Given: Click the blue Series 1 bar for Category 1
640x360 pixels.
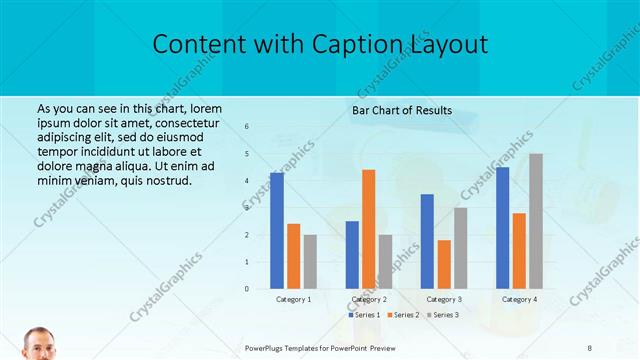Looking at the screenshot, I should point(277,230).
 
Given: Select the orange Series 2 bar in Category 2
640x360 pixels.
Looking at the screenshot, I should point(369,229).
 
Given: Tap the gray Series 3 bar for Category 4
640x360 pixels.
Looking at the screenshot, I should point(536,221).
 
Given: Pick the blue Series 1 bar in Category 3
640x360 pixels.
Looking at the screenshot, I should point(427,241).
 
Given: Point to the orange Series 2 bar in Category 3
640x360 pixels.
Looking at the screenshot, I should point(444,264).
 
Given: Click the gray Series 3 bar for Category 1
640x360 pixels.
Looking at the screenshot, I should point(310,261).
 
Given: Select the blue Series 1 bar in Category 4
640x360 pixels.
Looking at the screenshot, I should point(502,227).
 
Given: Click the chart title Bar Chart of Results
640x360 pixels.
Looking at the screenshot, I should point(402,110).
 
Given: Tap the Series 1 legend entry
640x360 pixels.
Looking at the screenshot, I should point(365,315).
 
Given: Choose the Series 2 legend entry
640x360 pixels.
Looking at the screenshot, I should point(402,315).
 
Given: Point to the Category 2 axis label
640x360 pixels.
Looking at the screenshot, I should point(369,299).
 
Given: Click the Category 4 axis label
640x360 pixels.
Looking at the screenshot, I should point(519,299).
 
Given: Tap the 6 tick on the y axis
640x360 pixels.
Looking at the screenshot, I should point(247,126).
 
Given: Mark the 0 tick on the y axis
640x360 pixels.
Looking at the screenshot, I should point(247,288).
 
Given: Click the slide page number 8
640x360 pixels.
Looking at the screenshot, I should point(589,347).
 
